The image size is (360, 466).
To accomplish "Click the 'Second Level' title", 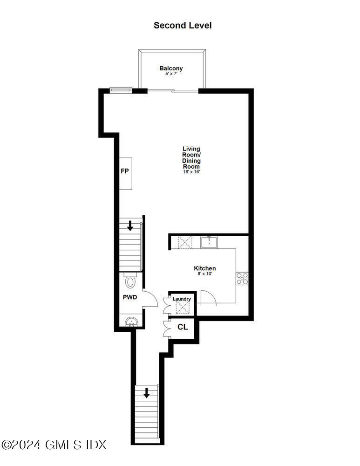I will tap(183, 25).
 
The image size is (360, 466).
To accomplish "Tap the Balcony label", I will tap(171, 69).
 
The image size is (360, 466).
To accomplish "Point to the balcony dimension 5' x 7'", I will tap(171, 74).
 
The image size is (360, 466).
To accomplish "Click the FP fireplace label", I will tap(124, 171).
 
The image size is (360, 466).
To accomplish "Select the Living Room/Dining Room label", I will tap(191, 158).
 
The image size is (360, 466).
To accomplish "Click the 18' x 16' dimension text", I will tap(191, 172).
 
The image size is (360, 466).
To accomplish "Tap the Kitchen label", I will tap(204, 268).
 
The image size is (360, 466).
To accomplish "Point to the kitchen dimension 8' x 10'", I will tap(204, 274).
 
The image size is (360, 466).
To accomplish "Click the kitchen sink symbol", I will tap(209, 242).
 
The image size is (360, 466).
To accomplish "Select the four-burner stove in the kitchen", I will tap(242, 278).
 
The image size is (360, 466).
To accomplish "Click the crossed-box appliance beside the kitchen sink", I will tap(185, 243).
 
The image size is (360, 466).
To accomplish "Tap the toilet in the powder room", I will tap(130, 281).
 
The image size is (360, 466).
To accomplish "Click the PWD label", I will tap(129, 297).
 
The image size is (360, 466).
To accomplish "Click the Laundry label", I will tap(182, 299).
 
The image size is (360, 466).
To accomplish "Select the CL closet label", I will tap(183, 327).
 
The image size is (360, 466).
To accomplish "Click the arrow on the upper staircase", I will tap(130, 226).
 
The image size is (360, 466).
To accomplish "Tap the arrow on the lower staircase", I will tap(147, 393).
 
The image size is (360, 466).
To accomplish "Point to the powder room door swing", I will tap(150, 298).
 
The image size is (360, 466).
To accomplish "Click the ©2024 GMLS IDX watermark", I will tap(54, 445).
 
